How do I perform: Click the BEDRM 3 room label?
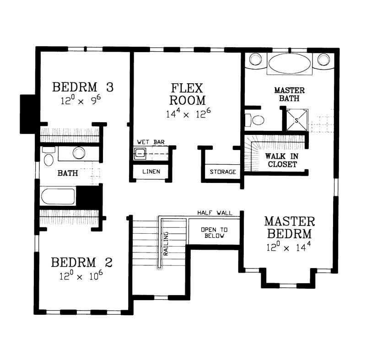82,86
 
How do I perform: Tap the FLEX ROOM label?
187,94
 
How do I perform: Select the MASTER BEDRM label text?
290,227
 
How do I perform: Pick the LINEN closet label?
151,172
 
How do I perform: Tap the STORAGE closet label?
223,172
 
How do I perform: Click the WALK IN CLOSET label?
281,160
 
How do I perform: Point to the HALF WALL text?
215,213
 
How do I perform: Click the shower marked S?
296,120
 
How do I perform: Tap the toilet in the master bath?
256,120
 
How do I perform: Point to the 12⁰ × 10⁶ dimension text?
81,276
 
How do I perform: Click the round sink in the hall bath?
79,153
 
